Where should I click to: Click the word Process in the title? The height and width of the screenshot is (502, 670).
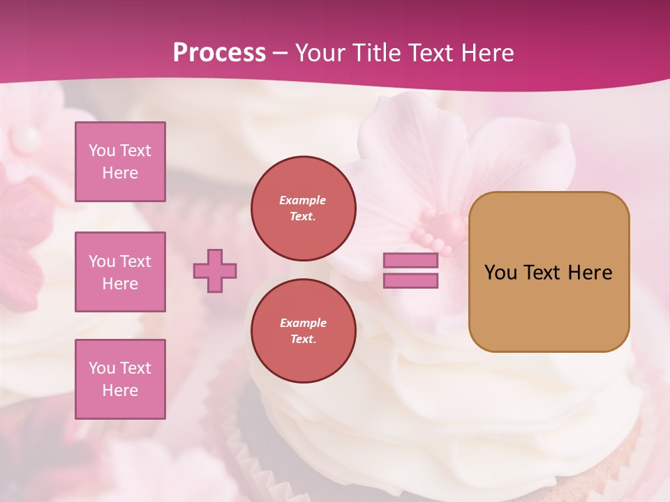pos(219,53)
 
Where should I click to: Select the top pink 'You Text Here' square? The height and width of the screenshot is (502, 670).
pos(120,162)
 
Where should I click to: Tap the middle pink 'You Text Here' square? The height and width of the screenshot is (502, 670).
pos(120,272)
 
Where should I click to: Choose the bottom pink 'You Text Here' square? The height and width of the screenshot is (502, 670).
pos(120,379)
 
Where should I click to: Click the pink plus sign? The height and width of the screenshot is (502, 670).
pos(215,271)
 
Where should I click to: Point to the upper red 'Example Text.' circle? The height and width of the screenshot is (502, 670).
pos(304,208)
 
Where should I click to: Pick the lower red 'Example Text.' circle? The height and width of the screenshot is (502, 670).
pos(304,331)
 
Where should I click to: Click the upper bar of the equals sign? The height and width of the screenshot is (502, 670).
pos(411,261)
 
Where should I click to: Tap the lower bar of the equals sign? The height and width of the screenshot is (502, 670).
pos(411,281)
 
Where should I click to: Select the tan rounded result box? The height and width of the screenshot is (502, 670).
pos(549,272)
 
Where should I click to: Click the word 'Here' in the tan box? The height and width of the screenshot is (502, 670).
pos(590,273)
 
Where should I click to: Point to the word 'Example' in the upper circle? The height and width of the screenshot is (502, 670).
pos(303,200)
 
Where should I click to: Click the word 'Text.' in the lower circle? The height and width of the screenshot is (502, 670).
pos(303,340)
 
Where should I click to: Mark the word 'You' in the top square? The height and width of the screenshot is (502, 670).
pos(101,151)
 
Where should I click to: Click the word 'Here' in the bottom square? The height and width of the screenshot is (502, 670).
pos(120,390)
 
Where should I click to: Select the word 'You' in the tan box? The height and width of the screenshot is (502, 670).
pos(500,273)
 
